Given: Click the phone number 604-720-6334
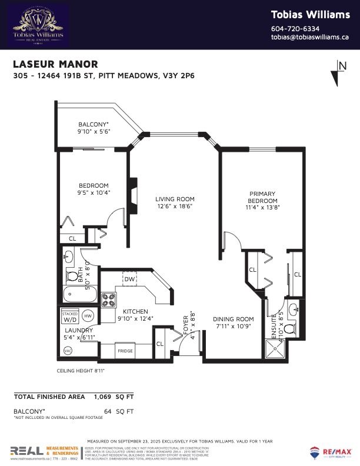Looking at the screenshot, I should [295, 29].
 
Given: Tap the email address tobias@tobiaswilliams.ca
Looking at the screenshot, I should [311, 38].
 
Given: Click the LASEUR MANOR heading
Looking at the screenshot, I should [55, 64].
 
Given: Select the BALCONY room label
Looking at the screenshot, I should [94, 124].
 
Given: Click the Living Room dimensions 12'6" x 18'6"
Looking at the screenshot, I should [175, 207].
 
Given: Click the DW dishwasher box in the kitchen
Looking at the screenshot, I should [129, 279].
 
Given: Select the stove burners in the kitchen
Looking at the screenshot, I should [109, 300].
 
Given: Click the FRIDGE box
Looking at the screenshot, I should [125, 351].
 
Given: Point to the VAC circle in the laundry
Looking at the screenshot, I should [67, 351].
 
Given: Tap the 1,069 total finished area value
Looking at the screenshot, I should [106, 397].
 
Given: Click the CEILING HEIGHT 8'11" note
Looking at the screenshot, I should [81, 371].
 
